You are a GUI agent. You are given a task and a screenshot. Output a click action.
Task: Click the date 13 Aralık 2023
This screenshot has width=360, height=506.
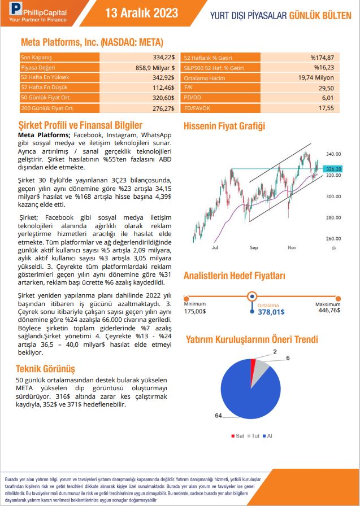141,13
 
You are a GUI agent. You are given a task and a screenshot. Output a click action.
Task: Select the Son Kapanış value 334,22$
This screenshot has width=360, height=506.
163,58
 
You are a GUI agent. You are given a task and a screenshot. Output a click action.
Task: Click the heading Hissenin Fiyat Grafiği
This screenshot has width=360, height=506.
224,127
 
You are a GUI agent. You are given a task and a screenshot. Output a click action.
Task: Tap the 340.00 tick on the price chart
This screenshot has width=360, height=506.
334,154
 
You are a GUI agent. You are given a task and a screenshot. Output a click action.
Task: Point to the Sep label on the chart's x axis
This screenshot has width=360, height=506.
254,247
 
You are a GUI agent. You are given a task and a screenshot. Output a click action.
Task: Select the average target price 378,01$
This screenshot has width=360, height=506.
271,311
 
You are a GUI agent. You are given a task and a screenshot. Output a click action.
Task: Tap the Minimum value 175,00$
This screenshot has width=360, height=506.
195,311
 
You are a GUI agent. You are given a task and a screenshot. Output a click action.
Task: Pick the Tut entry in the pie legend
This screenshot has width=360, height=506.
255,436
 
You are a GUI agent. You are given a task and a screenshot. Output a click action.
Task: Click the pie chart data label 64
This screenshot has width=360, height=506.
218,416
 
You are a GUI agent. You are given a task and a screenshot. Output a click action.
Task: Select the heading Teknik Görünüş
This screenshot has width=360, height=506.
46,369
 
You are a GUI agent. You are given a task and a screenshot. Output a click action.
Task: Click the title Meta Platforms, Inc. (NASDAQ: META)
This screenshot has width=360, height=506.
92,42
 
